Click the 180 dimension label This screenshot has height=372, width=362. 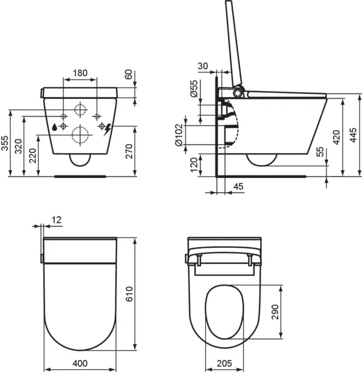tap(80, 73)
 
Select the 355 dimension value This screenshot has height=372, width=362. tap(5, 143)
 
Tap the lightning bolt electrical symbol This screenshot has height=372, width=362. tap(108, 128)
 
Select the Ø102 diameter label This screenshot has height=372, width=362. tap(179, 134)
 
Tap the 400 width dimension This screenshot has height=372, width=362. tap(80, 364)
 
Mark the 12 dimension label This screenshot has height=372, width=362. tap(56, 221)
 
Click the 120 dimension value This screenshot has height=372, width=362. tap(194, 164)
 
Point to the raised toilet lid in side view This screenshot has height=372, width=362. tap(235, 42)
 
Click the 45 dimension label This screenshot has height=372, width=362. tap(238, 187)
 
